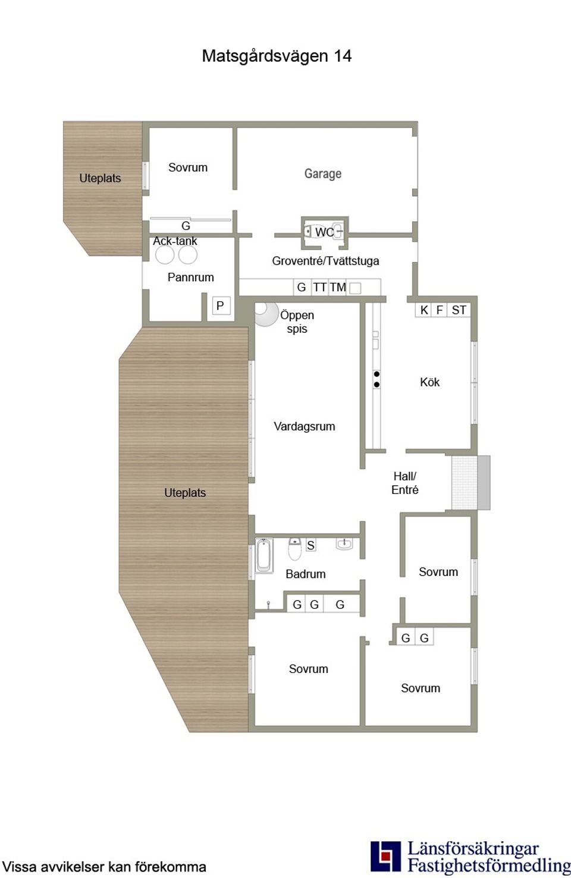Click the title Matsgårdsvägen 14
tap(277, 56)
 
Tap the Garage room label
tap(323, 174)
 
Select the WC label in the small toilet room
tap(324, 232)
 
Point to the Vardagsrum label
tap(305, 426)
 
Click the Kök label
tap(430, 382)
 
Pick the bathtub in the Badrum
tap(264, 555)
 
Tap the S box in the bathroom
tap(310, 545)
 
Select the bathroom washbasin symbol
tap(344, 544)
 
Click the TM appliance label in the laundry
tap(337, 287)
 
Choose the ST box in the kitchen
tap(459, 310)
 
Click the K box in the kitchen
tap(423, 310)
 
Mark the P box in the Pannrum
tap(221, 306)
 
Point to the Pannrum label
tap(190, 278)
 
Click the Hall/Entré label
tap(404, 483)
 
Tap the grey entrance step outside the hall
tap(484, 483)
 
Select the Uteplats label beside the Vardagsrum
tap(185, 493)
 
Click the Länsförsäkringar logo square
tap(386, 857)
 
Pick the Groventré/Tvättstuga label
tap(325, 261)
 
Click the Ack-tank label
tap(175, 241)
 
